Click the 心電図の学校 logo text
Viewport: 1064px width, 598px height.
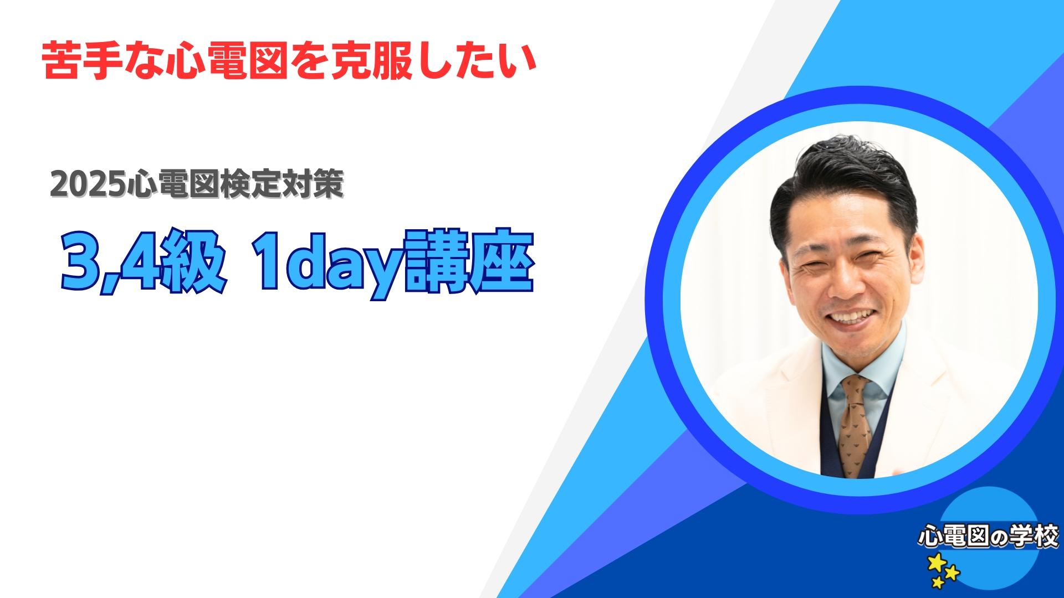point(989,538)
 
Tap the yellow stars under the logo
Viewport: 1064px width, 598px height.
point(944,570)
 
